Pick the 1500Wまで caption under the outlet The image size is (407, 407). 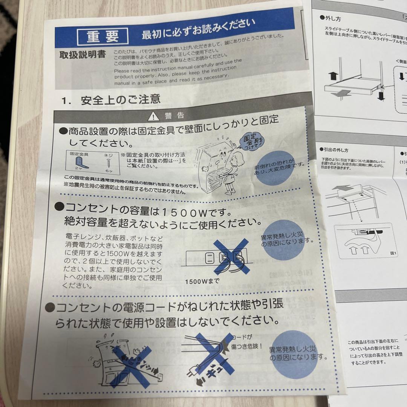pos(202,281)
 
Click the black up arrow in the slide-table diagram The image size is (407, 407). pos(332,77)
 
